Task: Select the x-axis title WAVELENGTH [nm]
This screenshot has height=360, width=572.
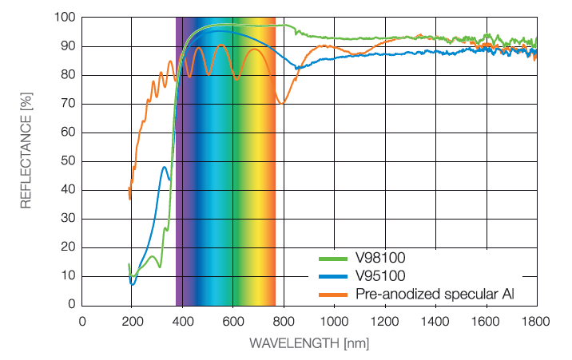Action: pos(308,344)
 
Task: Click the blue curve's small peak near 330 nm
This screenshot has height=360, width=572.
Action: pos(165,167)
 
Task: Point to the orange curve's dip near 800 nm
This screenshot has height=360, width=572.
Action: pos(282,103)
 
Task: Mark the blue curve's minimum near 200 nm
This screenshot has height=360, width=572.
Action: pos(133,283)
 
